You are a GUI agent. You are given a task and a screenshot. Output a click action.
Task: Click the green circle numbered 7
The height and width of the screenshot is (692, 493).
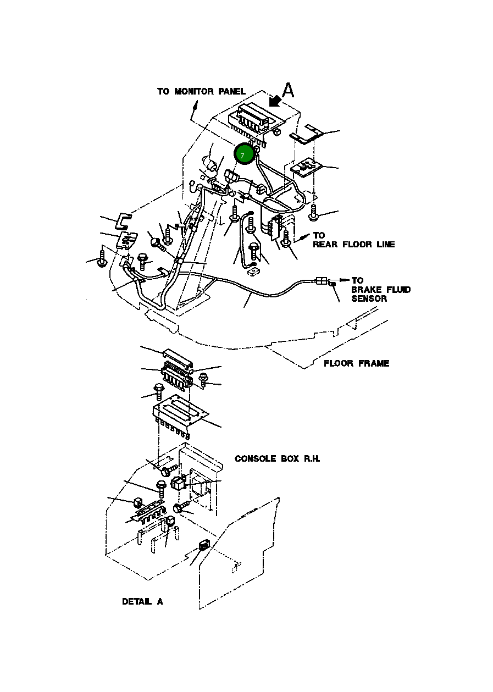point(243,154)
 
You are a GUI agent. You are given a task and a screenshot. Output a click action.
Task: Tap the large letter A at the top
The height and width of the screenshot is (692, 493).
point(288,90)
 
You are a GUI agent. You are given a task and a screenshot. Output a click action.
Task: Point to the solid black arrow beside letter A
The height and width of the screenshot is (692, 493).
point(275,101)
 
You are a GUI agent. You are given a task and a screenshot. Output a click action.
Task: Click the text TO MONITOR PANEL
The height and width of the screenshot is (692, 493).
point(201,91)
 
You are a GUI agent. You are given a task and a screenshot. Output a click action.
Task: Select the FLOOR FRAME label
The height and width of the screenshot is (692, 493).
point(356,363)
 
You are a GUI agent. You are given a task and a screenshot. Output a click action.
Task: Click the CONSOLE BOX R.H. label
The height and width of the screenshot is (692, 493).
point(277,458)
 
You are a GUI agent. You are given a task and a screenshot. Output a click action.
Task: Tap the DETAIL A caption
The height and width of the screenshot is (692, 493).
point(142,601)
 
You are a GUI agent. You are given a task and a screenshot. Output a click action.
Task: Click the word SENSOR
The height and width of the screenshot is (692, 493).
point(369,299)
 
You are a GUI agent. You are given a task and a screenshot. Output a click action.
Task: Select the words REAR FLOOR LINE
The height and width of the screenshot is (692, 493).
point(353,244)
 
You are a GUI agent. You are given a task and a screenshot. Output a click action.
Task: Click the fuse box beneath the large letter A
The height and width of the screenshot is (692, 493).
point(251,119)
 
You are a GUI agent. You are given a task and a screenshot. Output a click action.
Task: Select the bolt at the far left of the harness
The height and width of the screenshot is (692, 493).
point(102,259)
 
